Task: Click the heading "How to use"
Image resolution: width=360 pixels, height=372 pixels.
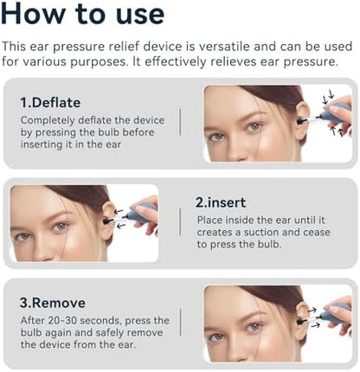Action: (83, 13)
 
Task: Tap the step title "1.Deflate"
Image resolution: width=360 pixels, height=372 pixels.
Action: (50, 103)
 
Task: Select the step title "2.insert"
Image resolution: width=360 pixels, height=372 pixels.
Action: (221, 202)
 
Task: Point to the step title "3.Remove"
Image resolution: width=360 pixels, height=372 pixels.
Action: (53, 303)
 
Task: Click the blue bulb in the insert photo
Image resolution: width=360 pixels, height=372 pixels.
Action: (139, 213)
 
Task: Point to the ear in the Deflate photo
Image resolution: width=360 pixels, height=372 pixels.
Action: (302, 121)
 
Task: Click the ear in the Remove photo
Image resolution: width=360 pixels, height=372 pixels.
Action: (302, 321)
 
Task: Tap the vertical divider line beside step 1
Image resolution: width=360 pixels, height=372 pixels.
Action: (180, 122)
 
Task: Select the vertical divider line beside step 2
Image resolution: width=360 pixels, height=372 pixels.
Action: (180, 221)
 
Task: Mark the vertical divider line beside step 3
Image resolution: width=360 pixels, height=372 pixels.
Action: (180, 322)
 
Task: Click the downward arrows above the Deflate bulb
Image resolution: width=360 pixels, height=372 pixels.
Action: (328, 97)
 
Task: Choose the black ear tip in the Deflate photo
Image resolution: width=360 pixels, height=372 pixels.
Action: (301, 121)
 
